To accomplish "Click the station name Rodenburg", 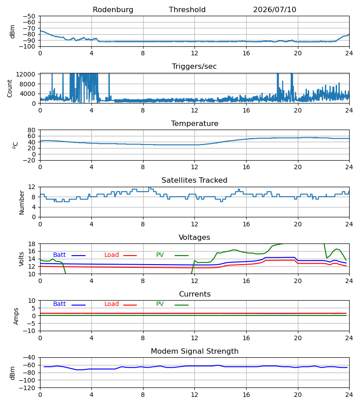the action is (x=113, y=9).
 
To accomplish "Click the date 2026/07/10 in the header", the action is (x=274, y=9).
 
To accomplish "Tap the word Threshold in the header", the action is (x=187, y=9).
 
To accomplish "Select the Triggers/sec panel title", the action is (x=194, y=67).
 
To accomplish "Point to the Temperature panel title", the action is (x=194, y=123).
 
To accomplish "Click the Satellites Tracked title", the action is (x=194, y=180).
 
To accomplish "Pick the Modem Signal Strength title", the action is (x=194, y=351).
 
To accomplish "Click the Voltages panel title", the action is (x=194, y=237).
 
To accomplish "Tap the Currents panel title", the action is (x=195, y=294).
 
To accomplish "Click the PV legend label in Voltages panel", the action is (x=160, y=255).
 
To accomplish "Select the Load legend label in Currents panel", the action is (x=112, y=304).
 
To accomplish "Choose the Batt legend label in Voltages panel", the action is (x=59, y=255).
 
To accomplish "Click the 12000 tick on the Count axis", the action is (x=26, y=74).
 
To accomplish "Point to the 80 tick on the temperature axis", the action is (x=31, y=130).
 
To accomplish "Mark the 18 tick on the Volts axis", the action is (x=31, y=244).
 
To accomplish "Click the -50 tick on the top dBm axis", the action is (x=29, y=16).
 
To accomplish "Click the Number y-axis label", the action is (x=22, y=202).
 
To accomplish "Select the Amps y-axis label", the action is (x=16, y=316).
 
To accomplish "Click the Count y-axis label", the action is (x=9, y=88).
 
